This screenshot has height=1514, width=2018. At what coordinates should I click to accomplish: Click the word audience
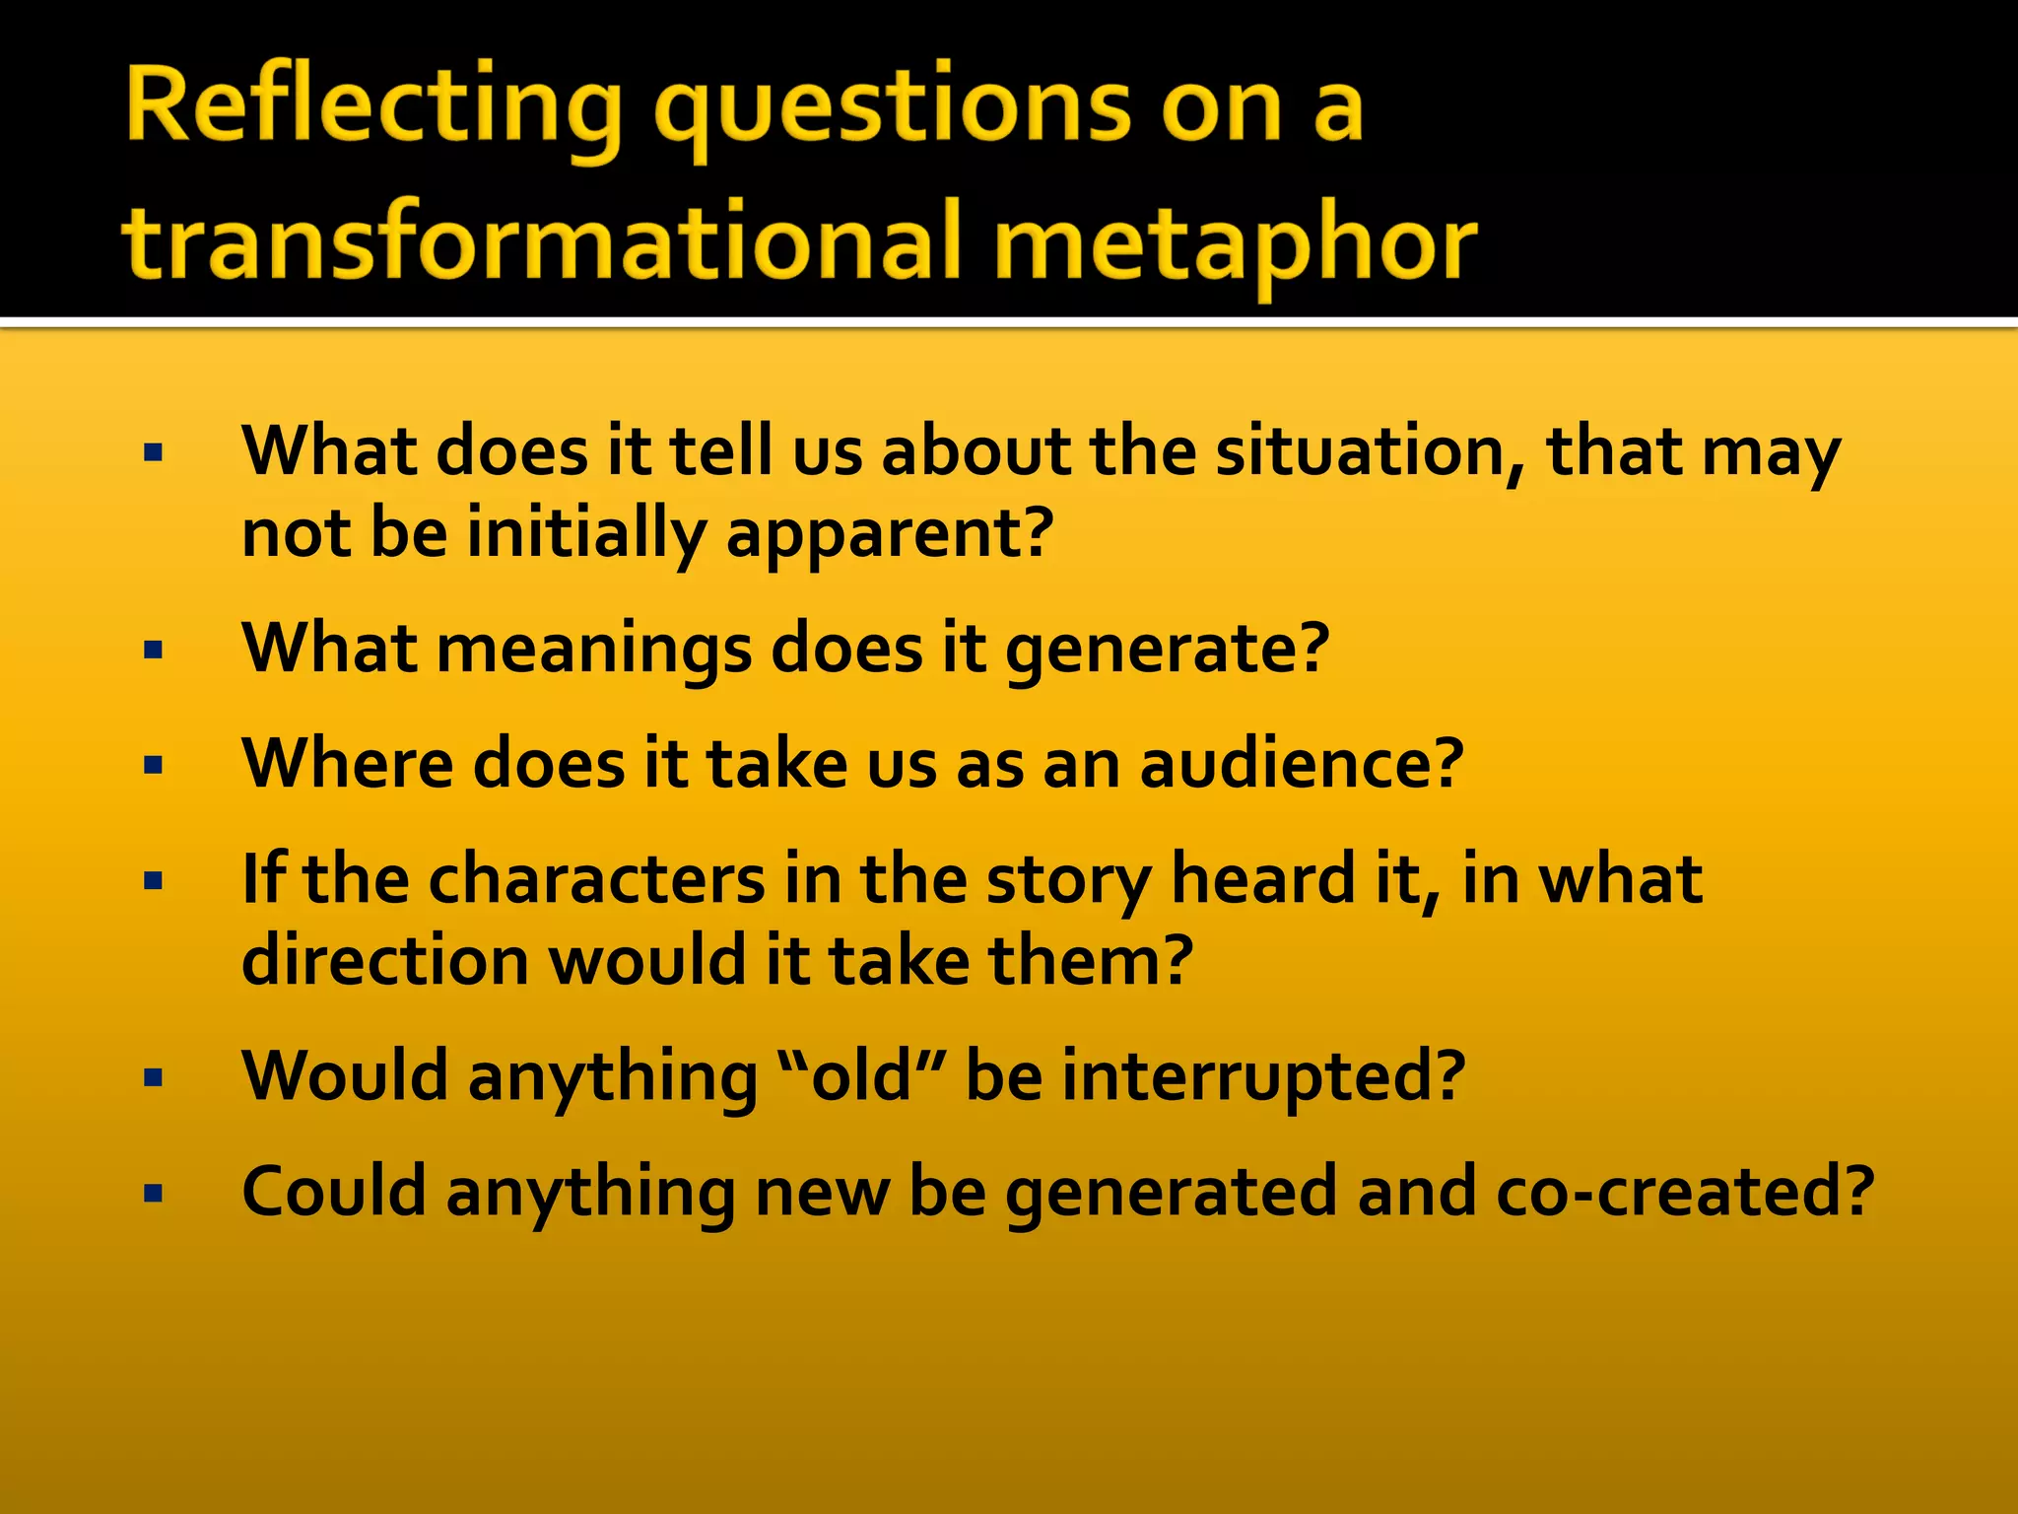pos(1301,765)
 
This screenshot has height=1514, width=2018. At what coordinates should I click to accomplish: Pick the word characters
pos(596,879)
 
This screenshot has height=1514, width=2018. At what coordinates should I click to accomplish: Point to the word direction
pos(385,961)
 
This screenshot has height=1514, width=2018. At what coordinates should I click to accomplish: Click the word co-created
pos(1684,1193)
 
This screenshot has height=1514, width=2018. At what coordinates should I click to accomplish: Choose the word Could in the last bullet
pos(333,1193)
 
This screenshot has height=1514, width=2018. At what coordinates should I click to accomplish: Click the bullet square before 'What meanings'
pos(153,651)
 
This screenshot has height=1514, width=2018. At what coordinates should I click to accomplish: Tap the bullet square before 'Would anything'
pos(153,1077)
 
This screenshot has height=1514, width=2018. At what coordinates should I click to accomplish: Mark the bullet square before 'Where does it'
pos(153,766)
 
